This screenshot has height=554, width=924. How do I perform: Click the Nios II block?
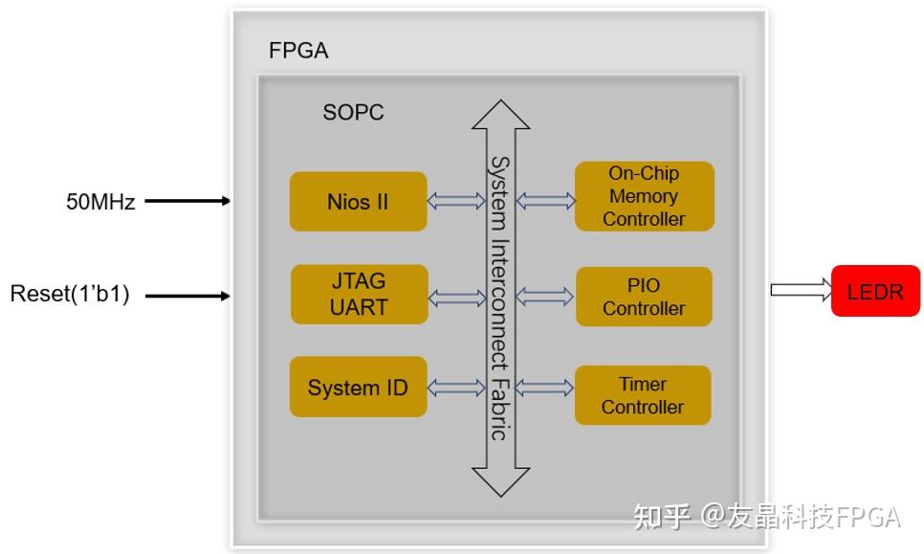(x=358, y=202)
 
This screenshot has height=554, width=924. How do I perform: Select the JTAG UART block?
(x=358, y=295)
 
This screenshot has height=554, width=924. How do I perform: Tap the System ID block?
(x=358, y=388)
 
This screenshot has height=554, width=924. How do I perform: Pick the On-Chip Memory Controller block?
(x=644, y=196)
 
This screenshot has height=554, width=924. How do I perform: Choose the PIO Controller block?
(x=644, y=297)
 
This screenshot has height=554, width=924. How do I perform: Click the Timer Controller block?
(x=643, y=395)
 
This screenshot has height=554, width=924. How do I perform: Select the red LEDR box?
(x=875, y=291)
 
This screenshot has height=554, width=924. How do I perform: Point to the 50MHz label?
(x=100, y=202)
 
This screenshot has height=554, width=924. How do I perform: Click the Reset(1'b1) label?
(x=70, y=294)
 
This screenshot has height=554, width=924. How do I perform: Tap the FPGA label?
(x=298, y=51)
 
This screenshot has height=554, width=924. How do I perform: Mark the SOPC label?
(x=353, y=112)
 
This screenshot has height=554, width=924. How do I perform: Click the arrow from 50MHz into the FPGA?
(x=187, y=201)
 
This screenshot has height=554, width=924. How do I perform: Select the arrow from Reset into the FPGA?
(x=187, y=296)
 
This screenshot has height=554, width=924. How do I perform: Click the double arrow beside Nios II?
(x=456, y=201)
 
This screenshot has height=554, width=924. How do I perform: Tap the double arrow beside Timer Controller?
(x=545, y=388)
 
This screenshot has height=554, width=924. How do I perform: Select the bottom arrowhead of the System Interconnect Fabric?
(x=500, y=481)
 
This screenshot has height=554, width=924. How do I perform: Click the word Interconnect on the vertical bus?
(x=499, y=304)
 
